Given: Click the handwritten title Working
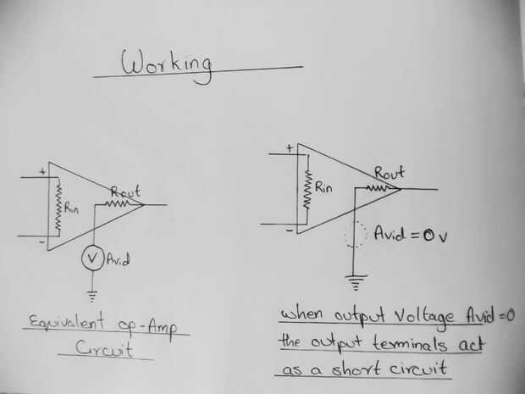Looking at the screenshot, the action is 169,64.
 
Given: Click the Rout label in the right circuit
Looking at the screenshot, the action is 387,171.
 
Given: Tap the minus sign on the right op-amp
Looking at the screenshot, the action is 290,229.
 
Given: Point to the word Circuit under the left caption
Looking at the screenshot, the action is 105,348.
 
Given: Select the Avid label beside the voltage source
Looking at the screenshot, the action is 119,260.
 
